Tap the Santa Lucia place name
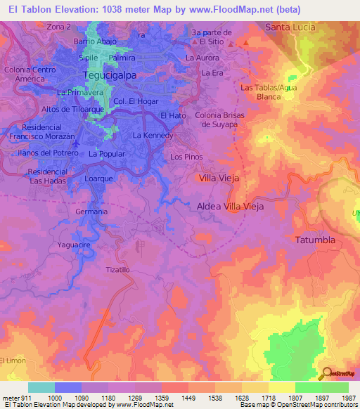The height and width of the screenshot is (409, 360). (290, 27)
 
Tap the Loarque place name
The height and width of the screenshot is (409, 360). (99, 179)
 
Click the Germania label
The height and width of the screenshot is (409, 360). (91, 212)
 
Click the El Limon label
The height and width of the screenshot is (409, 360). (13, 361)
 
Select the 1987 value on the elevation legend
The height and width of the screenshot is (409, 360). (349, 397)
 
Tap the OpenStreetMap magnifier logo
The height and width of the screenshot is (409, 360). (327, 373)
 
